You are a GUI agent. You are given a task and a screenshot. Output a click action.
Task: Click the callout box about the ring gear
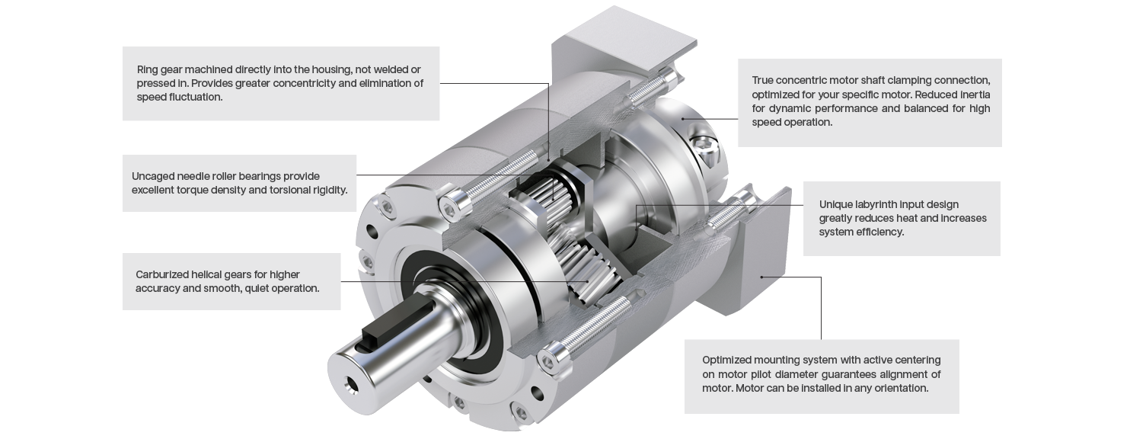280,83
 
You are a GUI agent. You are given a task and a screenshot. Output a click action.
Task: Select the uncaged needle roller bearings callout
239,183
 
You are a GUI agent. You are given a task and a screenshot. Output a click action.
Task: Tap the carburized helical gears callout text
228,281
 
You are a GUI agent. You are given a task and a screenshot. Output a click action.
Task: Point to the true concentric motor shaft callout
870,103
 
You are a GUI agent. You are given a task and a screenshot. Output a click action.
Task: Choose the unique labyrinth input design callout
902,218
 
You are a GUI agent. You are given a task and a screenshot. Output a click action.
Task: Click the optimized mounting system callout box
822,377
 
